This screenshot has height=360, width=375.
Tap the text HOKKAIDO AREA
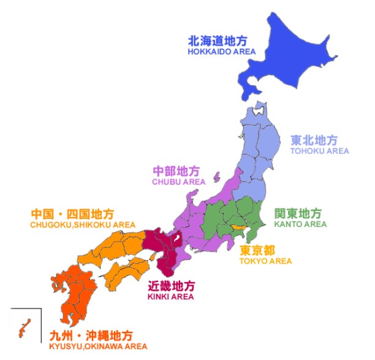(x=221, y=53)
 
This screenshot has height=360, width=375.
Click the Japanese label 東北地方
(x=314, y=140)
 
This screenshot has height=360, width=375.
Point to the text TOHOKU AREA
(x=319, y=151)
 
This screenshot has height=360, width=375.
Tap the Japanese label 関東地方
(x=298, y=213)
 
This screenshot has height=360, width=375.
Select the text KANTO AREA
(x=300, y=224)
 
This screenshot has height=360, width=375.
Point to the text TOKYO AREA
(x=265, y=261)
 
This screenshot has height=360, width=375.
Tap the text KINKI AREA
(x=170, y=297)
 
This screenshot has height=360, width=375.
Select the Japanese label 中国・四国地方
(x=72, y=214)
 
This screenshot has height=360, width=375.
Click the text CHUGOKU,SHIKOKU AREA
(x=82, y=225)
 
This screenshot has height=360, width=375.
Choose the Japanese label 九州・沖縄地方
(x=90, y=336)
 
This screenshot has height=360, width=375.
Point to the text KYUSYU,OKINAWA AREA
(x=98, y=347)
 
